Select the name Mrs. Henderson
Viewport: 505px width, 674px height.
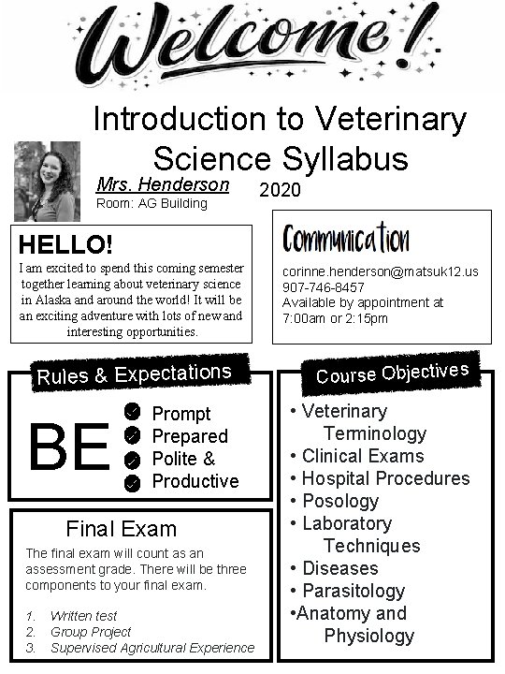click(x=163, y=184)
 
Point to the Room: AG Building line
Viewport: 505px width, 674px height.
click(x=151, y=203)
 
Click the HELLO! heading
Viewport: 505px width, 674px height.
click(x=65, y=245)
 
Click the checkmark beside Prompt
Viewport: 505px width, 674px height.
click(x=133, y=413)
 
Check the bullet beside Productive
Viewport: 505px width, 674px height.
click(x=133, y=481)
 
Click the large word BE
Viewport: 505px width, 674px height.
click(x=71, y=447)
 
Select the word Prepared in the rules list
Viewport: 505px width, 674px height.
click(x=190, y=436)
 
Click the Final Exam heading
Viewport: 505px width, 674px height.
click(x=121, y=528)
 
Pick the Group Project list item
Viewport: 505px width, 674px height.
click(x=91, y=632)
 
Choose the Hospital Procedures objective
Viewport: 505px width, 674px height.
click(x=385, y=478)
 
